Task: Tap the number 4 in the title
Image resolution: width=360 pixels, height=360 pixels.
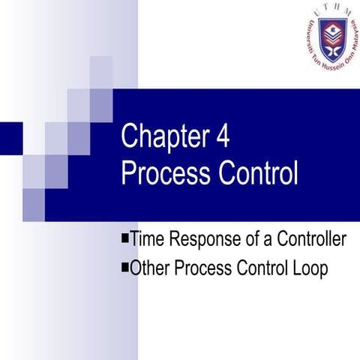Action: point(222,139)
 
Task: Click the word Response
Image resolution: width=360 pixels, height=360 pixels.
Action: point(203,241)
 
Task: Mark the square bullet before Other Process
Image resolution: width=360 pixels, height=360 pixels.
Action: point(124,266)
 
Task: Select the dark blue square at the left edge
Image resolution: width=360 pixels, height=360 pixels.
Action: point(10,136)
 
